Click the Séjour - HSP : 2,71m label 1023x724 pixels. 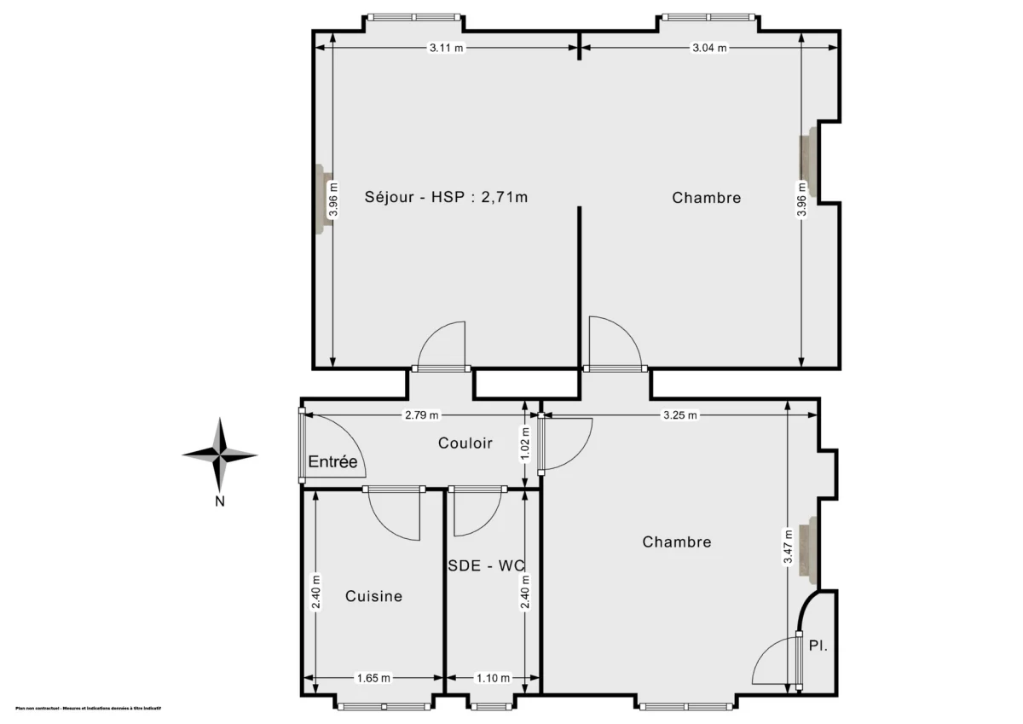447,198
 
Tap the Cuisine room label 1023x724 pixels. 373,596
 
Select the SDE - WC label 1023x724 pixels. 486,565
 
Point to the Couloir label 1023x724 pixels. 465,443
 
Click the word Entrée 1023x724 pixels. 332,461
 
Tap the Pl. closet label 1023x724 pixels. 818,646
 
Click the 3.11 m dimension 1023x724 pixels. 446,48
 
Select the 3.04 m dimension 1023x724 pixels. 709,48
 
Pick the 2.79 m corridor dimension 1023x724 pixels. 421,415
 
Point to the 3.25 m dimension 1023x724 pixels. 679,415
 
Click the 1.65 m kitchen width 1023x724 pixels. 373,678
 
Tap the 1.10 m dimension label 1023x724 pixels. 492,678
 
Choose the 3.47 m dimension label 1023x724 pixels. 789,546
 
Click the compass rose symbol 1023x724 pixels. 220,455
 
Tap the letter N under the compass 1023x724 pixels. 219,501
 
